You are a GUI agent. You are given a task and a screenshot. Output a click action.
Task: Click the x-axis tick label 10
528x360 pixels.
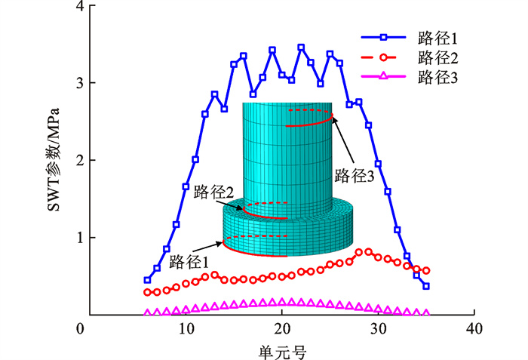[x=186, y=329]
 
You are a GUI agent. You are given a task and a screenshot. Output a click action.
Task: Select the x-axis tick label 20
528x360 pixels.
[x=281, y=329]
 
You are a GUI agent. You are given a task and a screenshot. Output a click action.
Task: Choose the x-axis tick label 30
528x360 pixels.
[x=377, y=329]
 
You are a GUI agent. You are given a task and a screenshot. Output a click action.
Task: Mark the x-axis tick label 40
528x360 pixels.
[x=473, y=329]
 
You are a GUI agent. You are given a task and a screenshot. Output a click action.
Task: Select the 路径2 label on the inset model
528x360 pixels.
[x=208, y=193]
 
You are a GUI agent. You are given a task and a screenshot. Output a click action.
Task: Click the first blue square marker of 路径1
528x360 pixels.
[x=147, y=280]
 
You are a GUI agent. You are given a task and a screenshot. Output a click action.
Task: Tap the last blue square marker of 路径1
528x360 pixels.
[x=426, y=286]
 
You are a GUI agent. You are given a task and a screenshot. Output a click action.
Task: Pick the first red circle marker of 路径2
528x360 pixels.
[x=147, y=292]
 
